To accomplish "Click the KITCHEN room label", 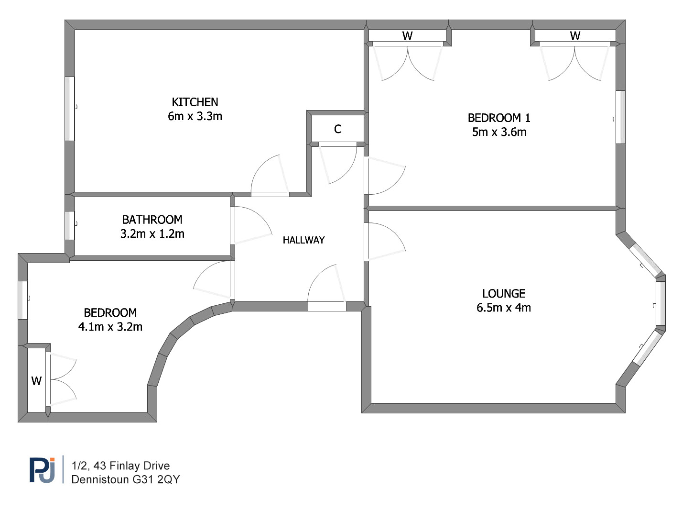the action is click(x=195, y=102).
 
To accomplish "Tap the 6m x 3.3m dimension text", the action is click(x=195, y=116).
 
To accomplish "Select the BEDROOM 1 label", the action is click(x=499, y=118).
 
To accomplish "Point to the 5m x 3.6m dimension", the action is click(x=499, y=132).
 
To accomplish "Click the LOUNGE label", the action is click(x=504, y=294).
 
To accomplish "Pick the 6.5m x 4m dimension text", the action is click(x=504, y=308).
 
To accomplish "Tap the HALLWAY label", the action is click(x=304, y=240).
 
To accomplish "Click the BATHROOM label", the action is click(x=152, y=220).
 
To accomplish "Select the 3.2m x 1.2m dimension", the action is click(x=152, y=234).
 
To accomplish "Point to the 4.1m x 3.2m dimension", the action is click(x=110, y=327).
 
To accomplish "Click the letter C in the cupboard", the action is click(x=337, y=129).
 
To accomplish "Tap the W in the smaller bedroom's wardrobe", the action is click(x=36, y=381).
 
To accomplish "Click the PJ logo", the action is click(x=43, y=470).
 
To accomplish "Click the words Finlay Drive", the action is click(x=140, y=466).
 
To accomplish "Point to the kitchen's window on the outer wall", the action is click(x=70, y=109).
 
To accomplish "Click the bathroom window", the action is click(x=70, y=225).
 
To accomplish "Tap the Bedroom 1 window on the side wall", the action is click(x=621, y=117).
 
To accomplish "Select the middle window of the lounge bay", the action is click(x=661, y=304).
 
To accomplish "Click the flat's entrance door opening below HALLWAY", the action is click(x=327, y=306).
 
